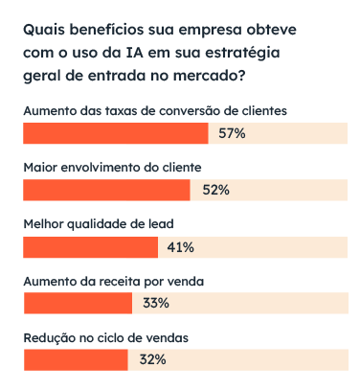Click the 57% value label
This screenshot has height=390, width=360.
point(233,133)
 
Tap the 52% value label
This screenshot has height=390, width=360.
point(216,190)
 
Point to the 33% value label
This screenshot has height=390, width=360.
point(156,304)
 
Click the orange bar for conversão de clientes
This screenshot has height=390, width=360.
point(115,133)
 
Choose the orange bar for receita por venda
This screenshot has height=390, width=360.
point(78,304)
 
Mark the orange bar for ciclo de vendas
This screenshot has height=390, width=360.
point(76,360)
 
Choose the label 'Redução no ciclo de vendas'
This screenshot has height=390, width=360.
point(105,337)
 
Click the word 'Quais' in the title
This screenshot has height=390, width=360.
point(41,31)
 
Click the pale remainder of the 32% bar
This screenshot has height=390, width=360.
point(259,360)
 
